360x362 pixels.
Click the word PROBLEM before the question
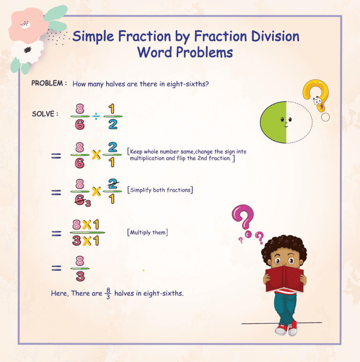[x=47, y=83]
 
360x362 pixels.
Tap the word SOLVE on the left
[x=44, y=114]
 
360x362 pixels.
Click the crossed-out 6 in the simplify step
[x=80, y=200]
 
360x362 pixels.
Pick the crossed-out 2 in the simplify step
[x=112, y=183]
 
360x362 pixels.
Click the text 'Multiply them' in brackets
[x=148, y=232]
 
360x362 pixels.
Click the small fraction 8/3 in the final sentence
[x=108, y=294]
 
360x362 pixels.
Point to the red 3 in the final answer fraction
[x=80, y=276]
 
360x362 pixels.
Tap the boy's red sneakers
[x=286, y=329]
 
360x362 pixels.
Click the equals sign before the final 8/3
[x=56, y=268]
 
